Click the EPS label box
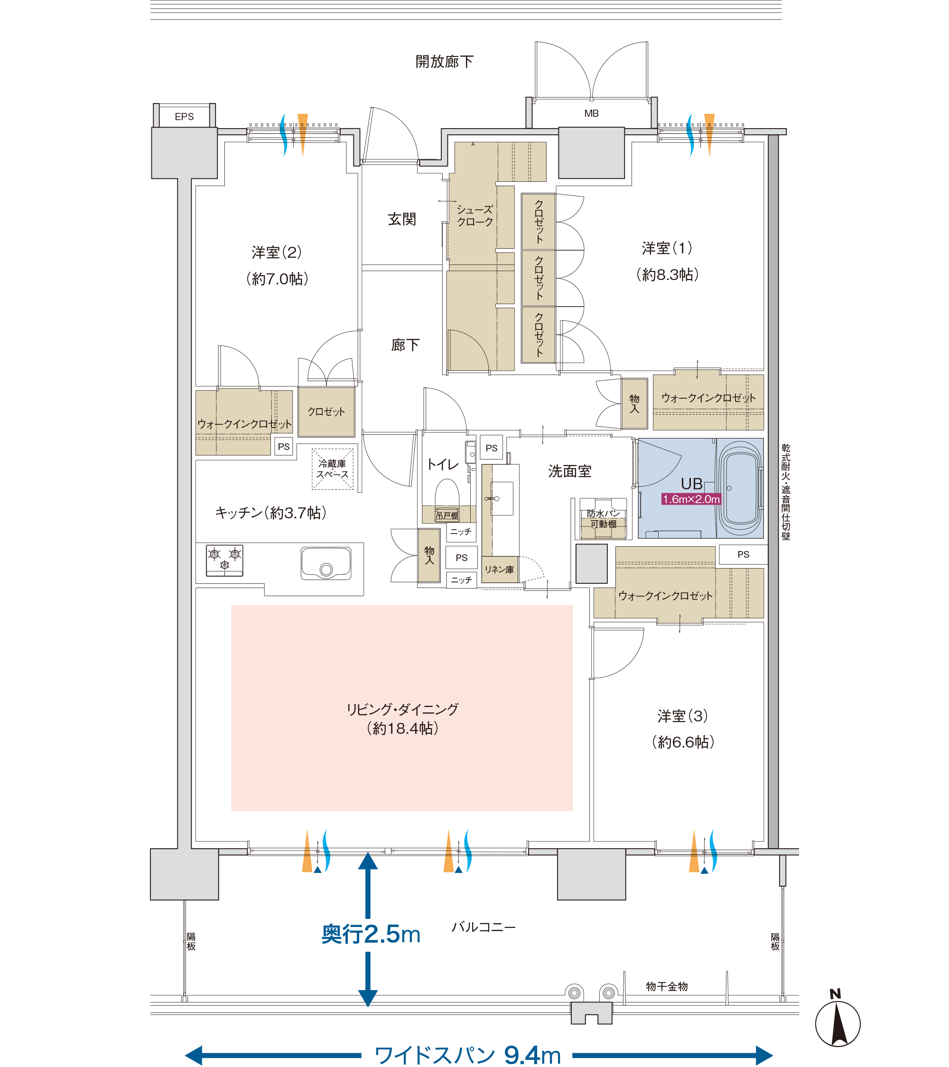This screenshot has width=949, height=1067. coord(184,116)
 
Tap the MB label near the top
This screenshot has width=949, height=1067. coord(591,113)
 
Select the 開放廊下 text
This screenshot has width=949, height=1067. coord(444,62)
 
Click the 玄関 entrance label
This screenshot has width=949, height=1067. coord(402,219)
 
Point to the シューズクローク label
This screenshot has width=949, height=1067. coord(475,215)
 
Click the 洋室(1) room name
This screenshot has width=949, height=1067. coord(667,248)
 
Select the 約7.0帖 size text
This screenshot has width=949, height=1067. coord(277,279)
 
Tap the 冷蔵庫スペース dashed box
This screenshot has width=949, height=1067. coord(332,469)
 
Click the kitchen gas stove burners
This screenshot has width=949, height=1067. coord(224,560)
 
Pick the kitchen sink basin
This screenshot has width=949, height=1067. coord(326,563)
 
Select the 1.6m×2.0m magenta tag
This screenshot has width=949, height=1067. coord(691,499)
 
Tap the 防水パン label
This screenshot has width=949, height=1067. coord(603,514)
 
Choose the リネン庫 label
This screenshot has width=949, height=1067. coord(499,570)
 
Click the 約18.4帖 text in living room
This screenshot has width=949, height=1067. coord(402,728)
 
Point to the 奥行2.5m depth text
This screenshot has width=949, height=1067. coord(371,935)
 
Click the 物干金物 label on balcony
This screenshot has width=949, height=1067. coord(667,986)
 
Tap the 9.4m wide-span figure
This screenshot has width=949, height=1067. coord(532,1055)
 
